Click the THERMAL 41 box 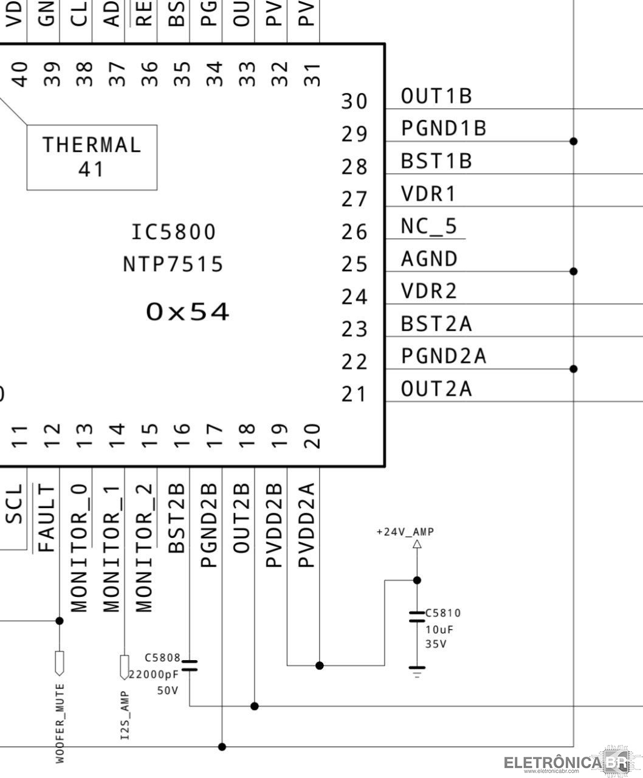[x=92, y=157]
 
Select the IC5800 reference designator [x=174, y=232]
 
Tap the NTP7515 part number [x=173, y=264]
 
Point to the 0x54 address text [x=188, y=312]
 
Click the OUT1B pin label [x=436, y=96]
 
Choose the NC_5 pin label [x=428, y=226]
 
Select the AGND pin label [x=429, y=259]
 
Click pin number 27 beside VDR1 [x=354, y=199]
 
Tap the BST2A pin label [x=436, y=324]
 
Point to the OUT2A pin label [x=436, y=388]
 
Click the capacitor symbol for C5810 [x=417, y=616]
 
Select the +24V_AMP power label [x=405, y=532]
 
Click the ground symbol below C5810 [x=417, y=670]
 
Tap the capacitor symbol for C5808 [x=190, y=665]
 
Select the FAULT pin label [x=47, y=518]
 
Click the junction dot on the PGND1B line [x=573, y=141]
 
